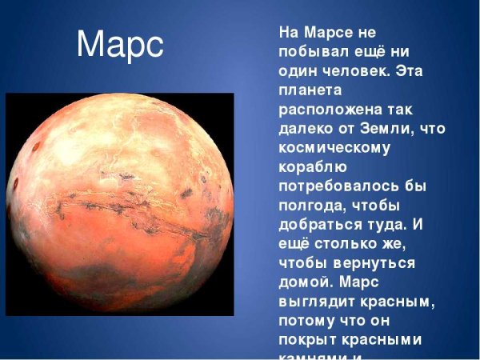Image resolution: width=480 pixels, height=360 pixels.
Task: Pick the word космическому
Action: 334,149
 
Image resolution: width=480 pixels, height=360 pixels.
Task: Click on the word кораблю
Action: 311,168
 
